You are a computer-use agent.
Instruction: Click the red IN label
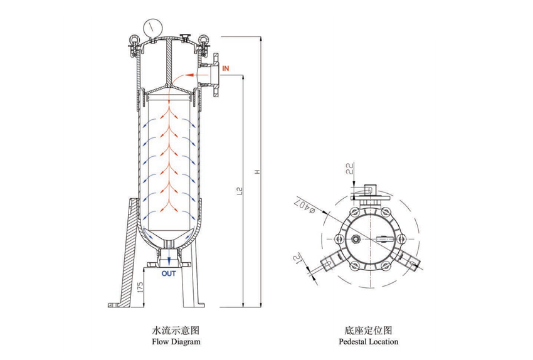pyautogui.click(x=226, y=66)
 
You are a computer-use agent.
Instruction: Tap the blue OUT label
pyautogui.click(x=169, y=273)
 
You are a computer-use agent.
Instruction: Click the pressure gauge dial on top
pyautogui.click(x=152, y=28)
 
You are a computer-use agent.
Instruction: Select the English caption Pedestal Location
pyautogui.click(x=368, y=342)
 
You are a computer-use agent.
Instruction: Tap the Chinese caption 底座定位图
pyautogui.click(x=368, y=329)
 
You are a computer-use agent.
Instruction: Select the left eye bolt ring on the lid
pyautogui.click(x=133, y=40)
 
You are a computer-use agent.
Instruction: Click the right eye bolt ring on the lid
pyautogui.click(x=203, y=41)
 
